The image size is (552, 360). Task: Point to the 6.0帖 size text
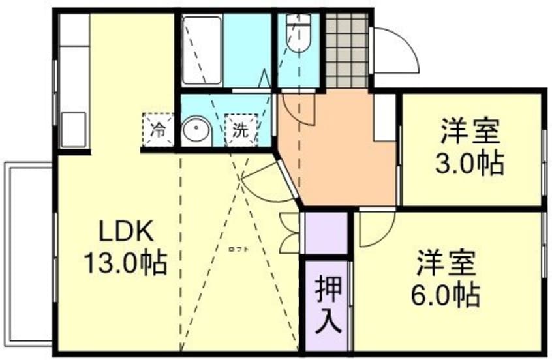[446, 295]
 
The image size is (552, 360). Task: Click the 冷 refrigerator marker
[157, 128]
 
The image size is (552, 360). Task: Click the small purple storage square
[326, 233]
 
